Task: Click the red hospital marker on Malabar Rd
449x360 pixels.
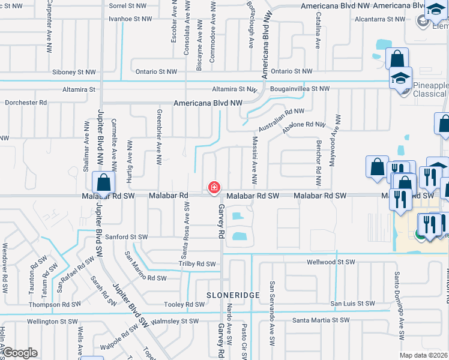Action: [x=214, y=188]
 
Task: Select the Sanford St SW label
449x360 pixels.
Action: [x=125, y=237]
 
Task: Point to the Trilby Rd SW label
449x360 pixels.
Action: [x=197, y=264]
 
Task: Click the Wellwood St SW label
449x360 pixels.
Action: [x=331, y=262]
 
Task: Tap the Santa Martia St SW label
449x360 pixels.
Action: [x=324, y=321]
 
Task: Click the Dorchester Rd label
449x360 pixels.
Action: [x=26, y=103]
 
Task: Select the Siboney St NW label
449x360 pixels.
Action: [x=74, y=72]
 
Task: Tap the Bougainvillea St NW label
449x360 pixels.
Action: [x=300, y=89]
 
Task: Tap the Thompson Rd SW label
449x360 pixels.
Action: [x=54, y=304]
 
